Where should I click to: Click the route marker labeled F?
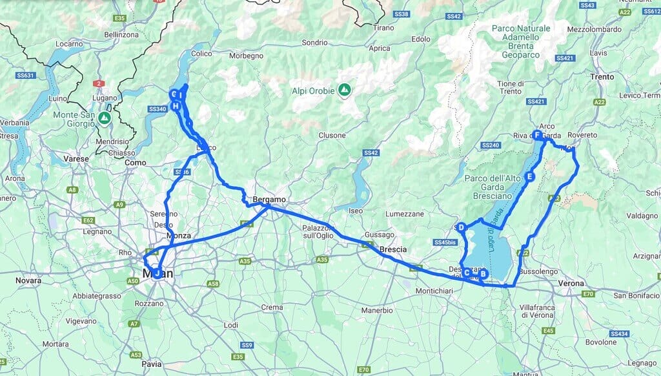click(537, 135)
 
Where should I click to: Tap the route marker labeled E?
click(530, 176)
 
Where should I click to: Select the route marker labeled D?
click(461, 227)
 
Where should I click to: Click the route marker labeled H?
click(175, 106)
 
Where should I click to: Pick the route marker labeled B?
click(483, 274)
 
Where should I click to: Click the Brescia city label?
click(392, 249)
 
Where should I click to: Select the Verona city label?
click(571, 283)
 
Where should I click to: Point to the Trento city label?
click(602, 77)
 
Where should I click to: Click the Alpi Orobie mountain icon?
click(345, 89)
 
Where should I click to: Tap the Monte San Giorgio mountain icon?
click(104, 118)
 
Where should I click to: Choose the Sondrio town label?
click(315, 43)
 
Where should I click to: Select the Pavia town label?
click(152, 364)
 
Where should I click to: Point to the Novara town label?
click(28, 280)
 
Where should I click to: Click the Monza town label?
click(179, 236)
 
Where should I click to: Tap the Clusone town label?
click(332, 136)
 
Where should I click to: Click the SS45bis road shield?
click(445, 242)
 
